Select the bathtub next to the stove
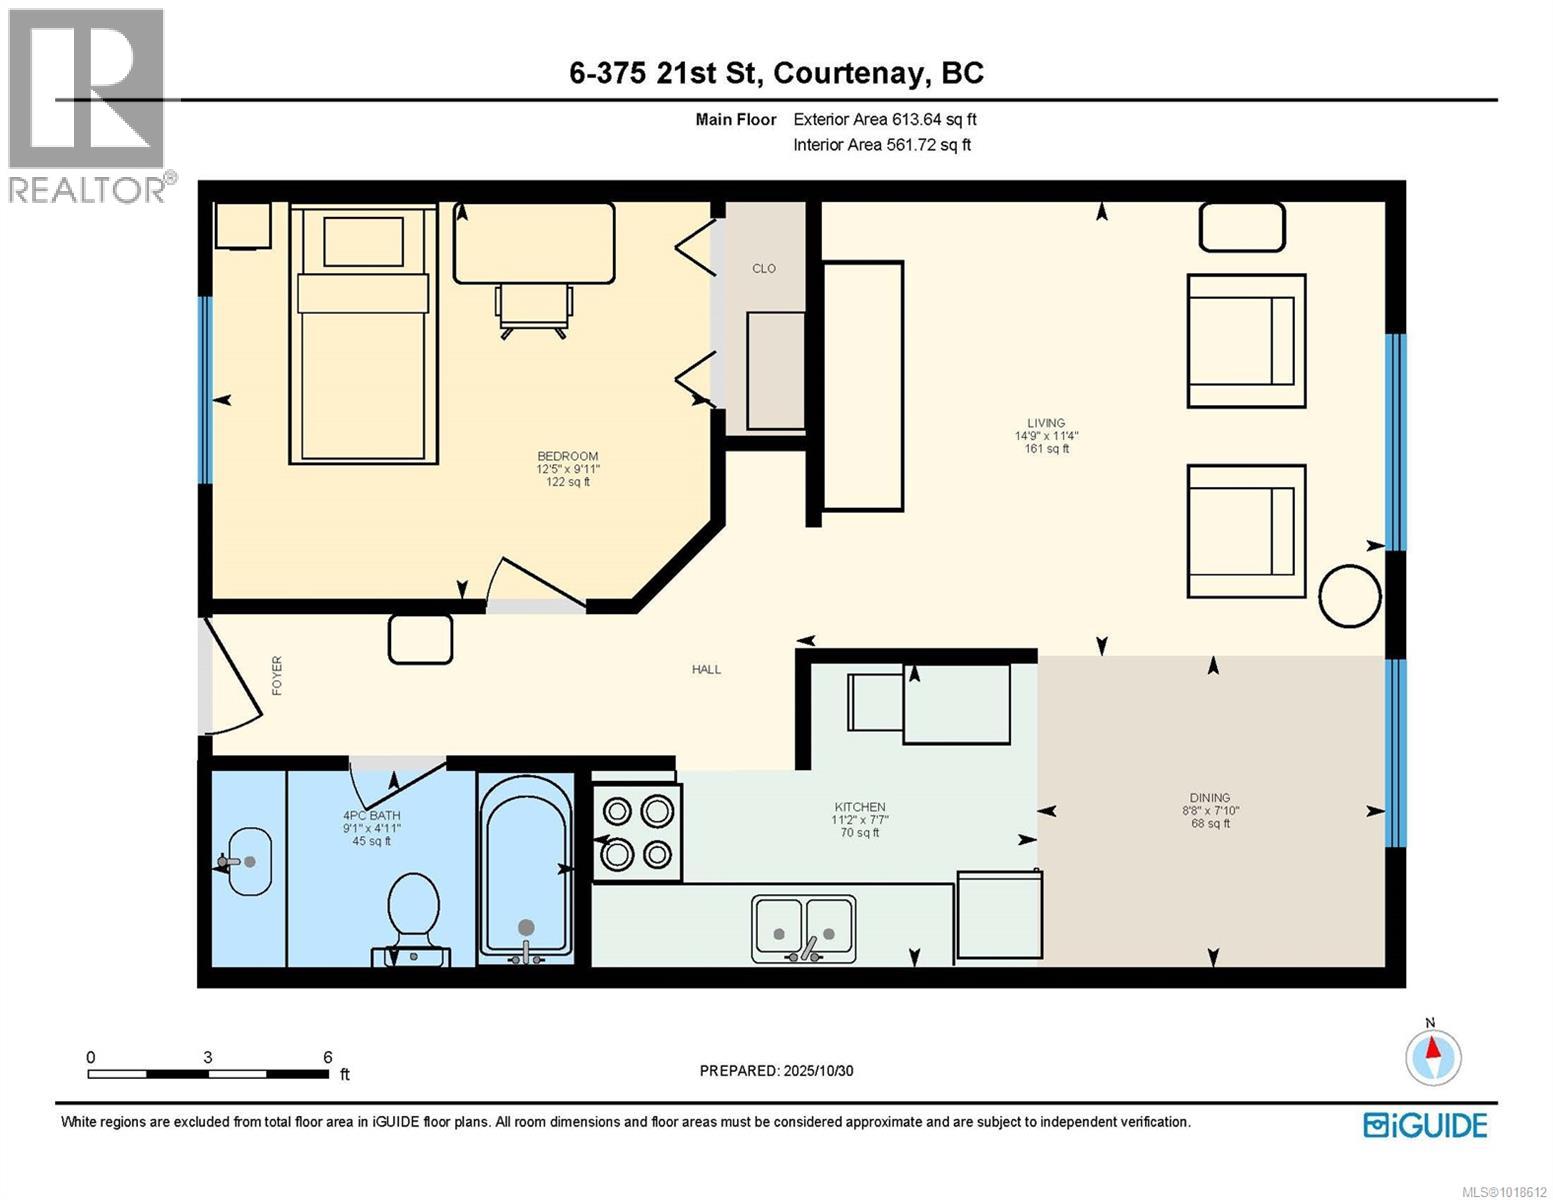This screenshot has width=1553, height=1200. (x=526, y=866)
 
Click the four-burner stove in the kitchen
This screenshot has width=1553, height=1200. (x=637, y=832)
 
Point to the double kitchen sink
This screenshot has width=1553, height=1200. (x=803, y=928)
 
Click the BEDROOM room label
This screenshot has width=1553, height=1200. (x=567, y=456)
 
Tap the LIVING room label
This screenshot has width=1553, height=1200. (x=1046, y=423)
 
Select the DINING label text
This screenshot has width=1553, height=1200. (x=1210, y=798)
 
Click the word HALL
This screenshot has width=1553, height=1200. (x=706, y=670)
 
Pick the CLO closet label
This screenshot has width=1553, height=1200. (x=764, y=269)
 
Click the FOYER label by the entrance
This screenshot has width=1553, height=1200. (x=277, y=675)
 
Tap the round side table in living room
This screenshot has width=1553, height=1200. (x=1349, y=596)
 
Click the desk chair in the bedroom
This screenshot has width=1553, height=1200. (x=535, y=309)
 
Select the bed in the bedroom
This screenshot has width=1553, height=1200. (x=363, y=334)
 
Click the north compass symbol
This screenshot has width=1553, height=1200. (x=1432, y=1054)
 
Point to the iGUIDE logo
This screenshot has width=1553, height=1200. (x=1425, y=1125)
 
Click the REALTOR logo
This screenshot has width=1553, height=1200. (x=88, y=104)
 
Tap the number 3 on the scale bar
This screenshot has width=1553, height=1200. (x=207, y=1057)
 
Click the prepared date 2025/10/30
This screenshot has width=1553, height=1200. (x=817, y=1071)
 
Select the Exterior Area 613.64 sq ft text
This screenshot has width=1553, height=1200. (x=884, y=119)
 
